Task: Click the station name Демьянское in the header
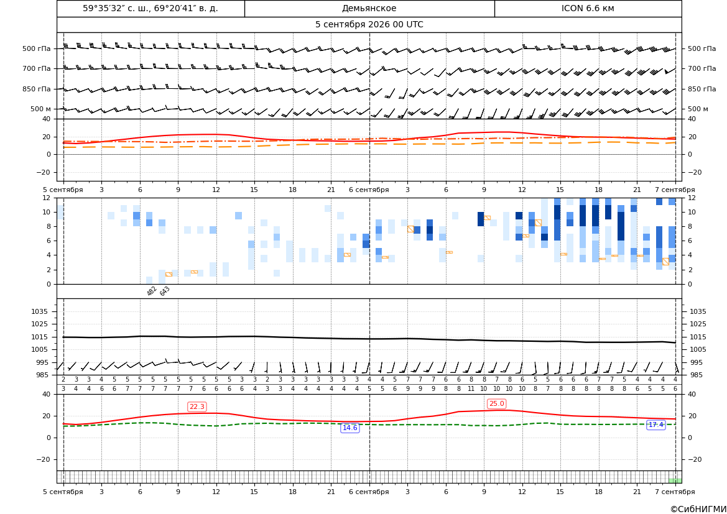coord(369,8)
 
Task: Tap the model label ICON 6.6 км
coord(588,8)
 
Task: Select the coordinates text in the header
coord(150,8)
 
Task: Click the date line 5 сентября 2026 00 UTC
coord(369,25)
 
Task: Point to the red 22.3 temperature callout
coord(197,406)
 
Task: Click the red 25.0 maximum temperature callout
coord(496,404)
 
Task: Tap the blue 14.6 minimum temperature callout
coord(350,428)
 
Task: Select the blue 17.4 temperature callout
coord(655,425)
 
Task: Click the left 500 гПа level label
coord(37,48)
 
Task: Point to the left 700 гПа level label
coord(37,68)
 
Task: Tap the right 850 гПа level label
coord(702,89)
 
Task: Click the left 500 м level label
coord(41,109)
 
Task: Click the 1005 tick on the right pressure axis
coord(698,349)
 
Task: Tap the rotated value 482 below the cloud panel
coord(152,291)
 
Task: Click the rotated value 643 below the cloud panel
coord(165,291)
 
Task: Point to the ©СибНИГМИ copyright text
coord(698,510)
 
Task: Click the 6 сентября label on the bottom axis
coord(369,492)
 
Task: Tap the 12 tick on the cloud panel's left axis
coord(47,198)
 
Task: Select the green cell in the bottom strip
coord(675,480)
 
